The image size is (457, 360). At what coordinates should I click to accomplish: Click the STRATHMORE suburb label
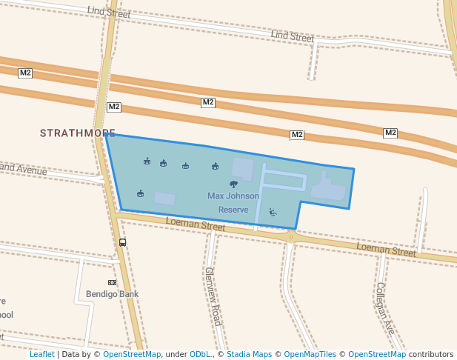click(x=77, y=133)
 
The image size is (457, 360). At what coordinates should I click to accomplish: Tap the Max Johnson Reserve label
click(x=233, y=203)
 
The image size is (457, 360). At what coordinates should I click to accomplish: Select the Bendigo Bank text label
click(x=113, y=294)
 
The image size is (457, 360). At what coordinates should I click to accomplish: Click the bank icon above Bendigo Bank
click(x=113, y=282)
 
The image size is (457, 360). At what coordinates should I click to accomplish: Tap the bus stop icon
click(x=122, y=242)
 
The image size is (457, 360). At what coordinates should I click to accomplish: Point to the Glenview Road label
click(x=213, y=296)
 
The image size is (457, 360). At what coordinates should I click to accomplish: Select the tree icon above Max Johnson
click(x=234, y=184)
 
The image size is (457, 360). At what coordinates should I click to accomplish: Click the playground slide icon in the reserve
click(x=273, y=213)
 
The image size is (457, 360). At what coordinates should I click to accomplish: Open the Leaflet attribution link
click(x=41, y=355)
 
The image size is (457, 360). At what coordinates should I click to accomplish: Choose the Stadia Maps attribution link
click(x=249, y=355)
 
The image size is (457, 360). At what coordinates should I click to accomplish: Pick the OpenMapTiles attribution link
click(x=305, y=355)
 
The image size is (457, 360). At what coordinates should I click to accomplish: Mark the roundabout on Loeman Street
click(x=291, y=237)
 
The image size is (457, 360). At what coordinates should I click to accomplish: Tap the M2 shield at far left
click(x=25, y=73)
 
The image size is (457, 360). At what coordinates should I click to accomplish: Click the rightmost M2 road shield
click(x=390, y=133)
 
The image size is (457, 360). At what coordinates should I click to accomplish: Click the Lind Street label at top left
click(x=108, y=13)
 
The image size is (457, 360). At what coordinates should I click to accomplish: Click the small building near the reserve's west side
click(x=165, y=199)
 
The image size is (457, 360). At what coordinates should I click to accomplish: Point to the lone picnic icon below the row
click(x=140, y=194)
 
